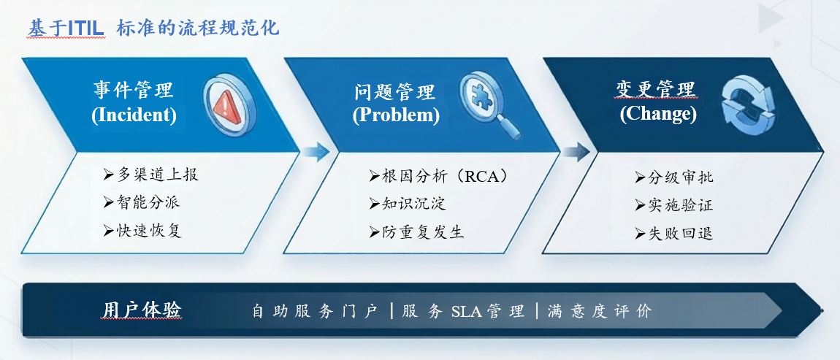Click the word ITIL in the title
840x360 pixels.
click(85, 28)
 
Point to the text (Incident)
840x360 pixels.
click(134, 115)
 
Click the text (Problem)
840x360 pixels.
click(396, 115)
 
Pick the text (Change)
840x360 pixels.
click(658, 114)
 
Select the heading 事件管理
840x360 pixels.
click(134, 90)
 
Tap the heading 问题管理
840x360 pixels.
click(395, 91)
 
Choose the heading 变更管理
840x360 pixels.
click(656, 89)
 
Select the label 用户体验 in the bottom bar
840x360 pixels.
click(142, 310)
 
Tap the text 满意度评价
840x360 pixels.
click(600, 311)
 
